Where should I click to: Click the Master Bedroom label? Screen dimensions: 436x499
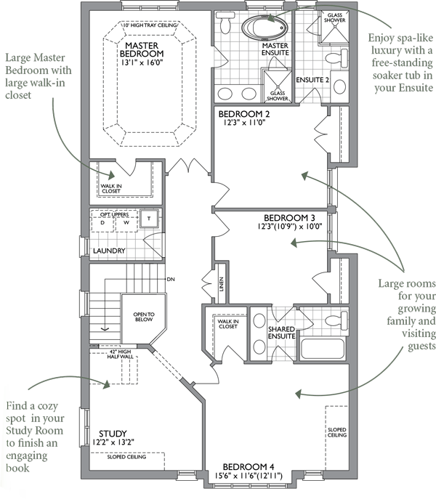[x=142, y=49]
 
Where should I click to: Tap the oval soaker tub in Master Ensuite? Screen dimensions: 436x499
[x=264, y=27]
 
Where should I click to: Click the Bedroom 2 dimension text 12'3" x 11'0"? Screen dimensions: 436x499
[x=244, y=123]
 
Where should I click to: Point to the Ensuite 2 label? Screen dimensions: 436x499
[x=312, y=80]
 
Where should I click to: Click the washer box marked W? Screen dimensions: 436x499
[x=126, y=222]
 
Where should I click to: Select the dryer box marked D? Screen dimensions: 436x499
[x=102, y=222]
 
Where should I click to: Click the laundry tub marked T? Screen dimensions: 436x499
[x=149, y=219]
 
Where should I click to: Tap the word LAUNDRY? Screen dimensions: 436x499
[x=109, y=251]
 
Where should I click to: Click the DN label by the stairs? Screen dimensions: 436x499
[x=171, y=279]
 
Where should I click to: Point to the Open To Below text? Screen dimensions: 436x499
[x=144, y=317]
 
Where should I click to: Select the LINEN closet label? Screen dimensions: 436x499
[x=222, y=284]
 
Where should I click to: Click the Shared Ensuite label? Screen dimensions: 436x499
[x=281, y=333]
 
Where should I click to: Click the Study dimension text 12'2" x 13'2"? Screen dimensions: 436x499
[x=113, y=442]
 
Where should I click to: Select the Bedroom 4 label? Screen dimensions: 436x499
[x=249, y=467]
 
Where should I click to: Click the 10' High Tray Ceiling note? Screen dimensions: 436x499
[x=150, y=25]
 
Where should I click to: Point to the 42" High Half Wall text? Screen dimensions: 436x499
[x=120, y=354]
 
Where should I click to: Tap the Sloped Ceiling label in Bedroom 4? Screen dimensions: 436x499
[x=337, y=432]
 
